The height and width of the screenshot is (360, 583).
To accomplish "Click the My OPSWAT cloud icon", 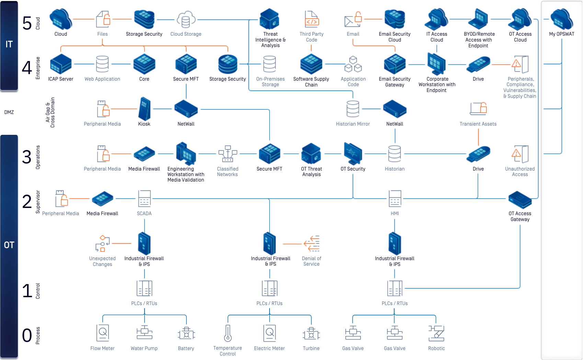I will pos(561,19).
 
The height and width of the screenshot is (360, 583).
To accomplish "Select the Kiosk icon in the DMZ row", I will pos(144,109).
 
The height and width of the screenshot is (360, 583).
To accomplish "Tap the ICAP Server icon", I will pos(61,64).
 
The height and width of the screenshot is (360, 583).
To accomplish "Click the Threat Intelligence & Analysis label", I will pos(270,39).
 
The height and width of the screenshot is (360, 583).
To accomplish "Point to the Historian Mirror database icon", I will pos(353,109).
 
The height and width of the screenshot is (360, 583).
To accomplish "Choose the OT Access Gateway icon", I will pos(520,200).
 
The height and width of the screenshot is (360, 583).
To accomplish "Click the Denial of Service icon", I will pos(312,244).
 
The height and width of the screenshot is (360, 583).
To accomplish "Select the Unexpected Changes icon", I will pos(102,244).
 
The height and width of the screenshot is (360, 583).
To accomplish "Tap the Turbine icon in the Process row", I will pos(311,333).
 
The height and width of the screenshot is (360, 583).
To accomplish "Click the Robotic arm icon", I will pos(436,333).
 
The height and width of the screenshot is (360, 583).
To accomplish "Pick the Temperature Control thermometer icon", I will pos(228,333).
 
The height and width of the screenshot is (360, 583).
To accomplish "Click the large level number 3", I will pos(27,157).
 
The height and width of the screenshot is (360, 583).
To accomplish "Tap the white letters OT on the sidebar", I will pos(9,245).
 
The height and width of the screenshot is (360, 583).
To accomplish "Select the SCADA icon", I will pos(144,198).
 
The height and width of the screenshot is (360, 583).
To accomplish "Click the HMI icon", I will pos(395,198).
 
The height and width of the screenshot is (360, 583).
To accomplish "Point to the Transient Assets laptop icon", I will pos(478,109).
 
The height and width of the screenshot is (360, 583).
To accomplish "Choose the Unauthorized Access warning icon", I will pos(520,154).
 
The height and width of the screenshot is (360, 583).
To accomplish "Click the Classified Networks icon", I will pos(228,154).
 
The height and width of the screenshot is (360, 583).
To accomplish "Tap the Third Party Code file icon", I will pos(311,19).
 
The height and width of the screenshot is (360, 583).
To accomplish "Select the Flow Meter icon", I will pos(102,333).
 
